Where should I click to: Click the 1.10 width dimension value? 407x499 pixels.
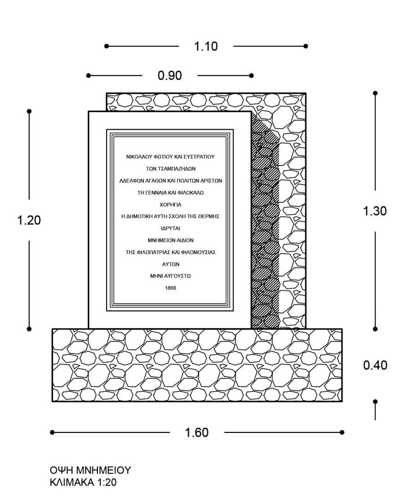[206, 46]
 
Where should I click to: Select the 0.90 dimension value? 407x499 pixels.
[170, 75]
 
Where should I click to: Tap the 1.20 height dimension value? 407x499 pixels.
[29, 220]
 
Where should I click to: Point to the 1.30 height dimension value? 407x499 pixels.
[375, 211]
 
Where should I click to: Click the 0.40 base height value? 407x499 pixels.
[375, 365]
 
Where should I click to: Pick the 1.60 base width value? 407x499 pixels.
[197, 432]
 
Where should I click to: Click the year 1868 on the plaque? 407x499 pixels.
[171, 288]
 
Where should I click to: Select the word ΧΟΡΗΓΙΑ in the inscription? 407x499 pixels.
[171, 205]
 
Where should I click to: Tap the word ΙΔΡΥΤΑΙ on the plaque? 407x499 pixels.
[171, 229]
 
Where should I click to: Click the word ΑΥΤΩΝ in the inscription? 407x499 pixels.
[171, 264]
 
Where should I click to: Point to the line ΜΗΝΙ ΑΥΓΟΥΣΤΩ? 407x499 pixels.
[171, 276]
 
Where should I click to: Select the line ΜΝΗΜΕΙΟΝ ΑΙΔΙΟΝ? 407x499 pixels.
[171, 240]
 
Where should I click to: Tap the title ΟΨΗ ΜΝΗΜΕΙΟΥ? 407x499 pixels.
[90, 470]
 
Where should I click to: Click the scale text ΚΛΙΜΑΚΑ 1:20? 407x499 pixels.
[83, 482]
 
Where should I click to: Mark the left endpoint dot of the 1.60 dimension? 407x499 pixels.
[53, 432]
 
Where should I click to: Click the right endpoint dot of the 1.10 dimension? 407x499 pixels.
[305, 46]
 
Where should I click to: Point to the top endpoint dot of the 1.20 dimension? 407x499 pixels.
[29, 111]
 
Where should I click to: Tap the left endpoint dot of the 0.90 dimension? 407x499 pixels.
[88, 75]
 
